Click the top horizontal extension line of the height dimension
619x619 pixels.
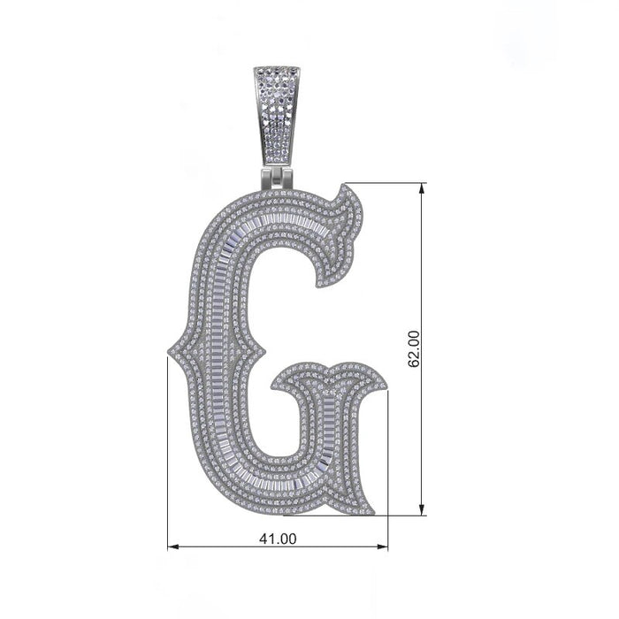(x=389, y=184)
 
